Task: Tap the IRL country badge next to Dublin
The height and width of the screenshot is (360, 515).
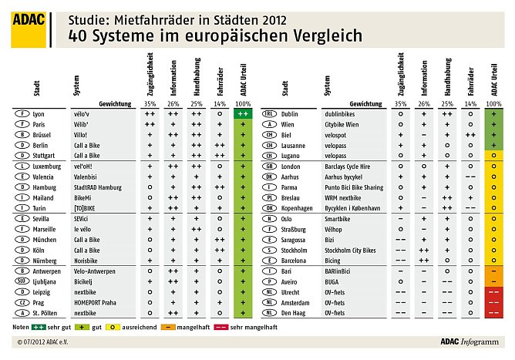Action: (x=270, y=113)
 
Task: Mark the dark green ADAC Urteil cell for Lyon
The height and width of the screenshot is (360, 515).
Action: (x=243, y=113)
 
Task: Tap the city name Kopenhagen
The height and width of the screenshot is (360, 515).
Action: (x=298, y=208)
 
